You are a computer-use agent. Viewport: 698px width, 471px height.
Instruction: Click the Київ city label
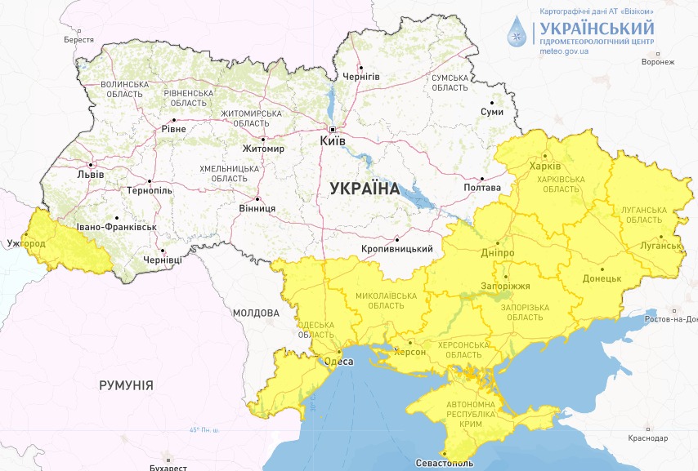(x=333, y=141)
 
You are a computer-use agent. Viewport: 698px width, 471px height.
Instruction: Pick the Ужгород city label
(x=26, y=243)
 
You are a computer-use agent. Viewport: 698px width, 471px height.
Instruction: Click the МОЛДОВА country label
(x=256, y=313)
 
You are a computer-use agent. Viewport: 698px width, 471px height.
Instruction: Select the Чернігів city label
(x=361, y=76)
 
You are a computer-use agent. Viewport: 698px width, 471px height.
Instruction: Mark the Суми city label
(x=492, y=112)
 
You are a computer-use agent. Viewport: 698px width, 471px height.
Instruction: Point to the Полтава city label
(x=482, y=188)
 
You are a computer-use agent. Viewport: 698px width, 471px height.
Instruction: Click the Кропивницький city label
(x=396, y=249)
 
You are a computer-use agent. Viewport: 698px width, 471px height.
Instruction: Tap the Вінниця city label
(x=258, y=208)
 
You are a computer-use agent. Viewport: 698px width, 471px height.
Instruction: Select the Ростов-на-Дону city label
(x=669, y=318)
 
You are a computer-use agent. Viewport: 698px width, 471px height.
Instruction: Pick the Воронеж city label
(x=658, y=62)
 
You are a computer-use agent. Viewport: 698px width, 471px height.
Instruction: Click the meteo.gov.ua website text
(x=564, y=51)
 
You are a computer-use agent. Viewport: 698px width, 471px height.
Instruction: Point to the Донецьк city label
(x=602, y=278)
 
